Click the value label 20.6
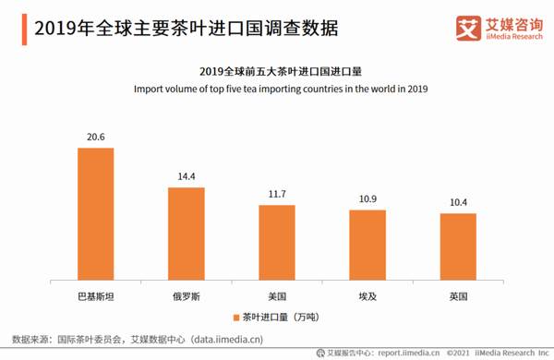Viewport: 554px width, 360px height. tap(95, 137)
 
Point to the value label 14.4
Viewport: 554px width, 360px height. tap(186, 176)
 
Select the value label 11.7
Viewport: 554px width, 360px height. tap(276, 194)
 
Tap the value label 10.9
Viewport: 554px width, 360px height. tap(367, 199)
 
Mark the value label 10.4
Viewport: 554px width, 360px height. tap(457, 202)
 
